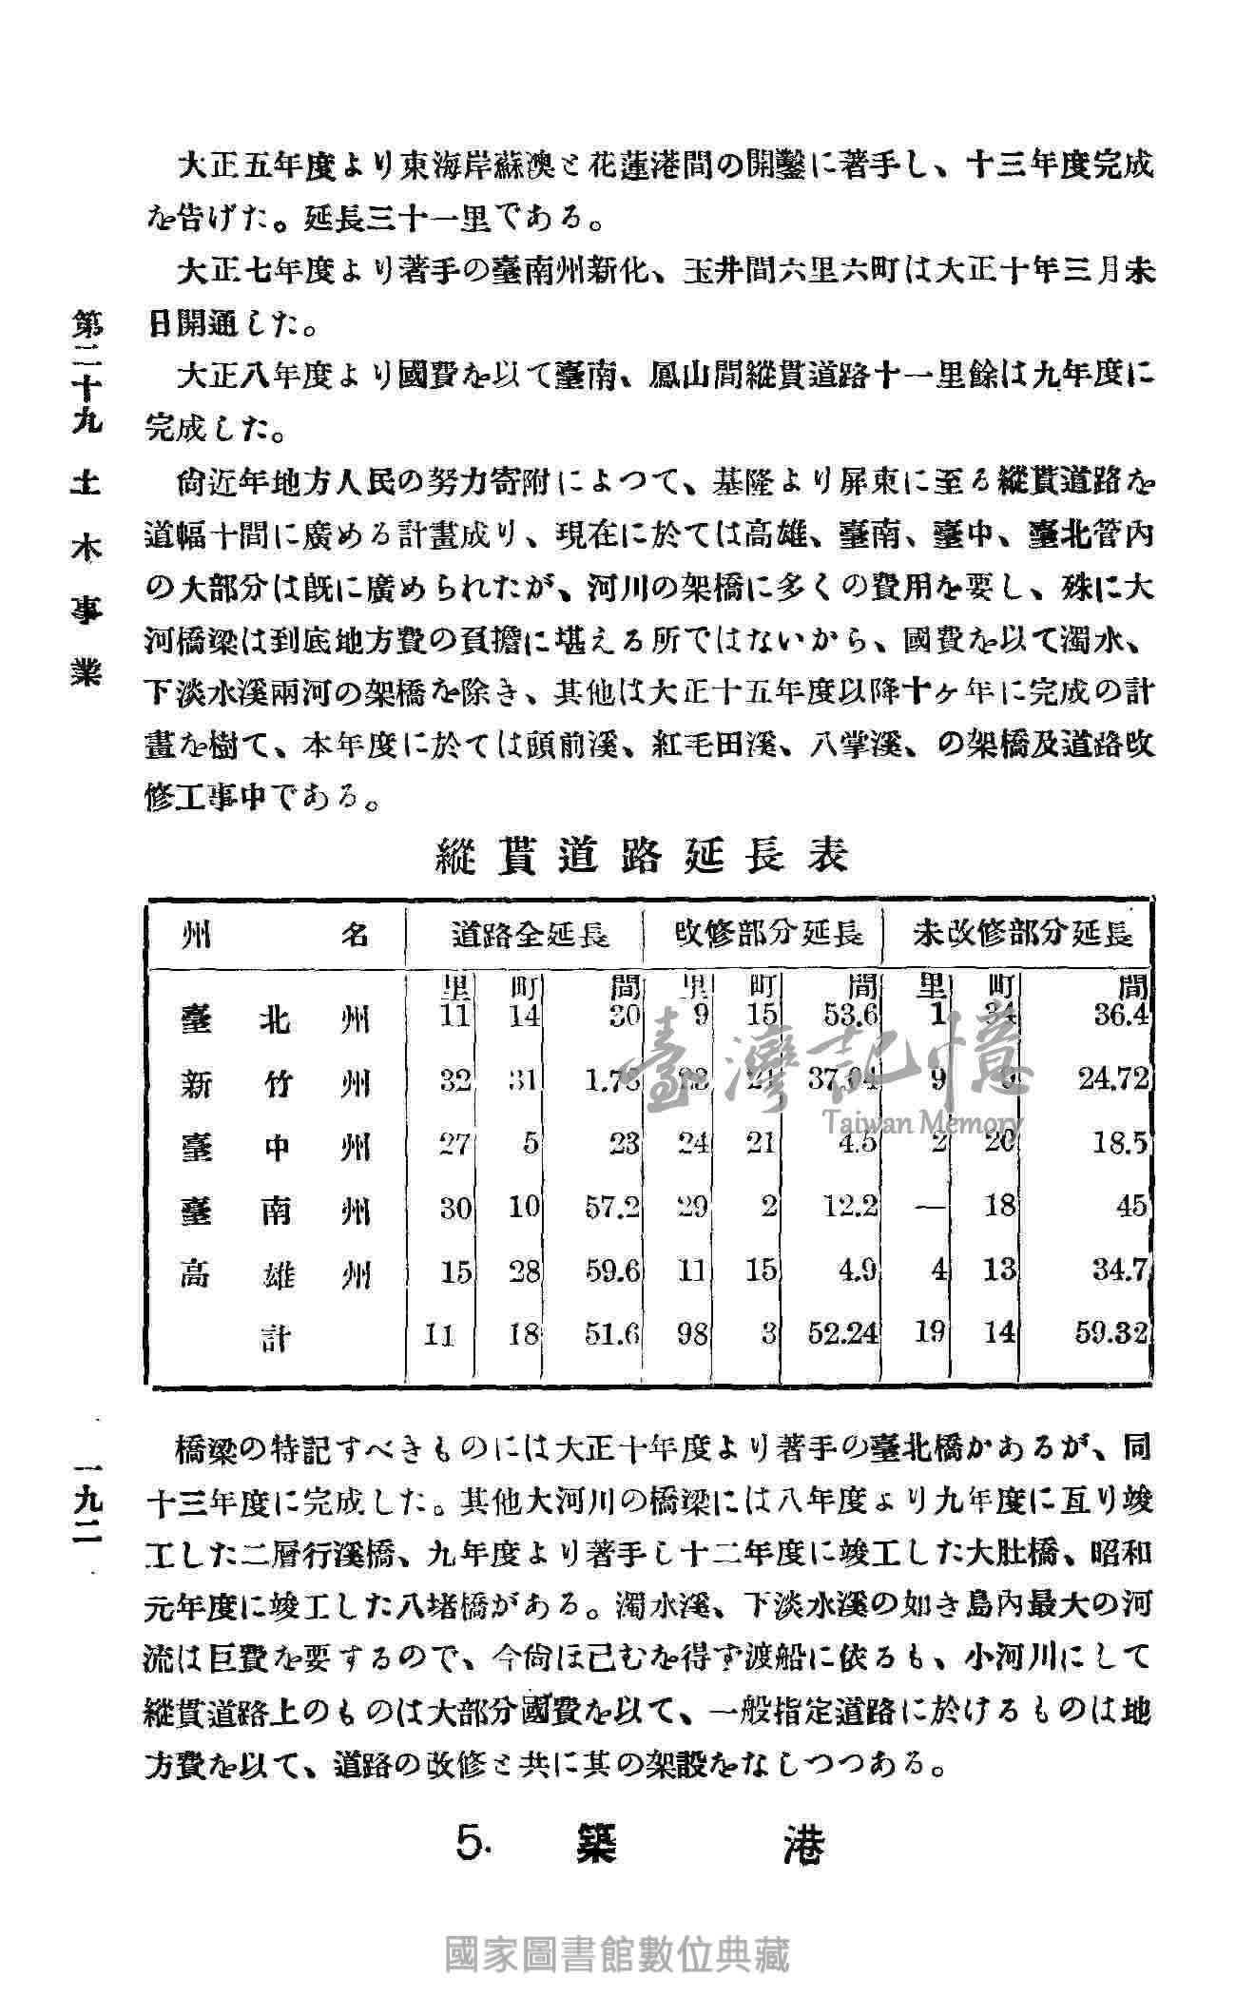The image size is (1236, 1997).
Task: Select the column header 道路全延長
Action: [530, 935]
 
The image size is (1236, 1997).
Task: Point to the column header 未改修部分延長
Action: [1023, 935]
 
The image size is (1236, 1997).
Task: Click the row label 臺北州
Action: [275, 1020]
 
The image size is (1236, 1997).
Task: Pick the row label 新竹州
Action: [275, 1083]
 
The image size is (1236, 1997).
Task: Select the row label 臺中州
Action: [275, 1147]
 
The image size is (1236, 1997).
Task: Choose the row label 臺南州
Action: [275, 1211]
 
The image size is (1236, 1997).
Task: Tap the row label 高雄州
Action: [275, 1273]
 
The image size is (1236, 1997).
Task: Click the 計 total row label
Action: [277, 1339]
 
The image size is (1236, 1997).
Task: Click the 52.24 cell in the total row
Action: [842, 1336]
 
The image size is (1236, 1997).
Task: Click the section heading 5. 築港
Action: [640, 1846]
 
